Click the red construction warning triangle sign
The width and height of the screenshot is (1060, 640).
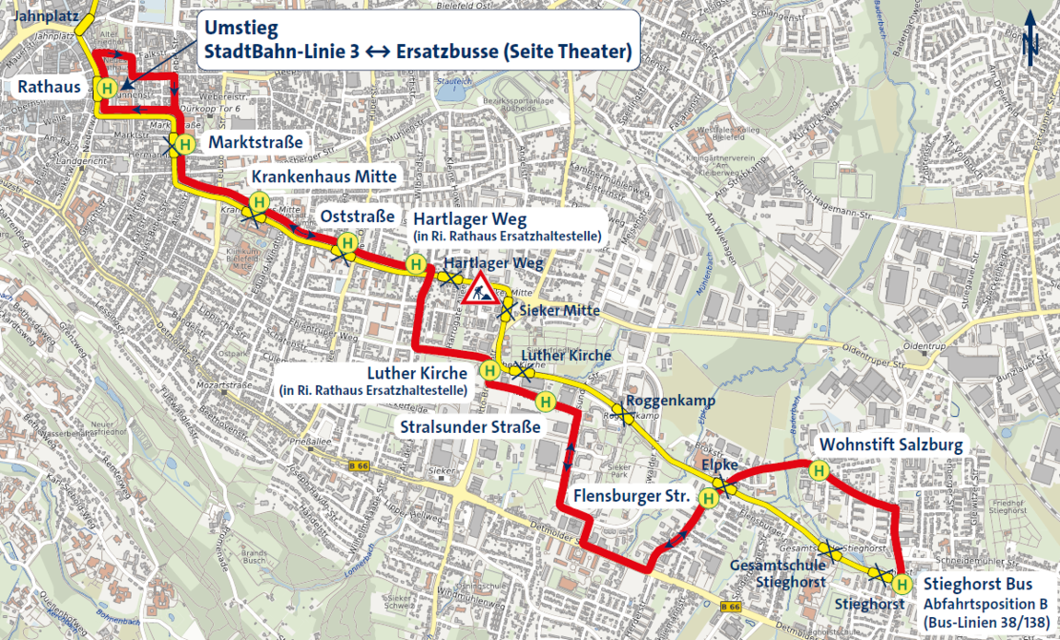[480, 290]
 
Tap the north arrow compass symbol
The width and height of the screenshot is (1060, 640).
[1031, 40]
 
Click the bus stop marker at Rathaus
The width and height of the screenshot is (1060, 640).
[108, 88]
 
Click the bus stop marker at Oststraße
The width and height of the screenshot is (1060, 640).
[347, 242]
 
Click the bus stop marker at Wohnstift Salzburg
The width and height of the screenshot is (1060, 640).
[818, 471]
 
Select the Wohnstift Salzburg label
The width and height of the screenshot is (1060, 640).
[888, 445]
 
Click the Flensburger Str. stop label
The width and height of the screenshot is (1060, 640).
[632, 496]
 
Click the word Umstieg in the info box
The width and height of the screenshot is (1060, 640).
[234, 27]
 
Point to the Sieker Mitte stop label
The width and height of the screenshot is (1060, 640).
[560, 310]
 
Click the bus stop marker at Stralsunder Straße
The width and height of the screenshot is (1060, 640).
[546, 401]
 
